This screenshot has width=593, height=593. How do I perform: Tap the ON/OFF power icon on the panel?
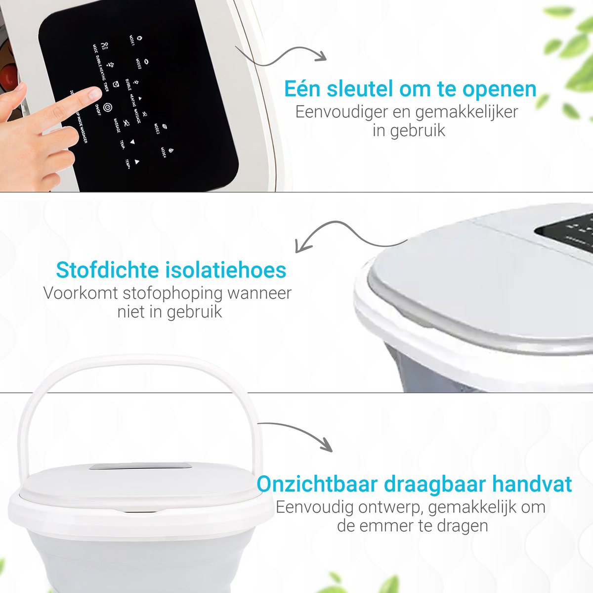(108, 106)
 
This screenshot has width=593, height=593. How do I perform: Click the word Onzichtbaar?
(316, 484)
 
